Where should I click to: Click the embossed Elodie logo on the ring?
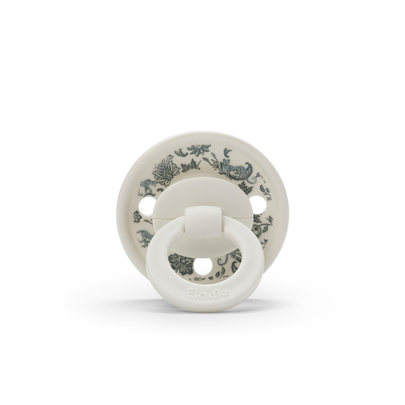click(x=206, y=293)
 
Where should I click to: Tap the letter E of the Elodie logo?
click(x=190, y=293)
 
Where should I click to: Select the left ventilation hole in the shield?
click(x=145, y=204)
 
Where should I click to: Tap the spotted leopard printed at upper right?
click(x=234, y=165)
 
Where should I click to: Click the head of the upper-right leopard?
click(x=224, y=163)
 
